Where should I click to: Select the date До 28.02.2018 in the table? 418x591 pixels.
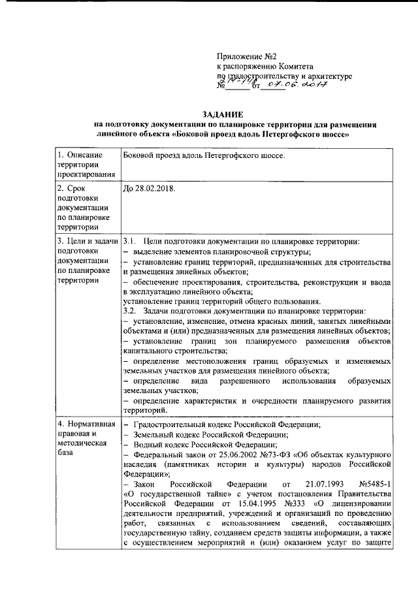pos(150,188)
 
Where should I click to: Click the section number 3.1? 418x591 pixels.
pos(129,241)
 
